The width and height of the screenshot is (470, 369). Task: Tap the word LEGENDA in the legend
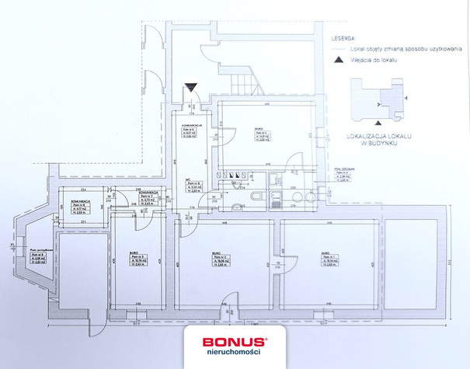(343, 37)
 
